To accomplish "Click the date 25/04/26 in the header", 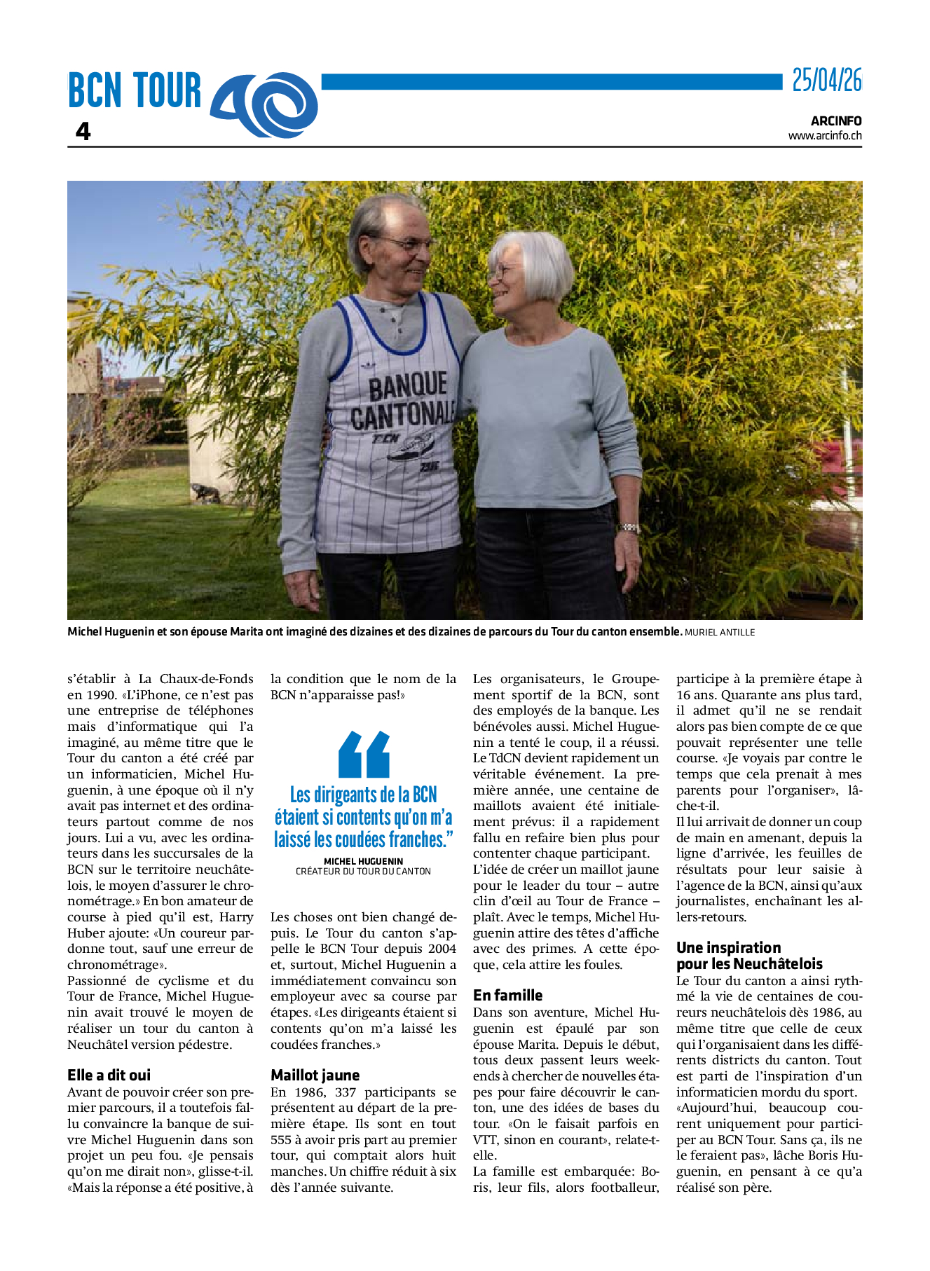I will pyautogui.click(x=826, y=81).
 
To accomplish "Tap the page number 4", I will pyautogui.click(x=83, y=131).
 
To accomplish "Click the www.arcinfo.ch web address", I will pyautogui.click(x=824, y=136).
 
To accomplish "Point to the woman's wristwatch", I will pyautogui.click(x=629, y=528).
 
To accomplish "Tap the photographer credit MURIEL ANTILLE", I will pyautogui.click(x=720, y=633).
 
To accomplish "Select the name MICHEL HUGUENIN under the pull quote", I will pyautogui.click(x=363, y=861).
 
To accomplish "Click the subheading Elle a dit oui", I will pyautogui.click(x=109, y=1075).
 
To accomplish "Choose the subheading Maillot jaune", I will pyautogui.click(x=315, y=1075).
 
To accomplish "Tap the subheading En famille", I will pyautogui.click(x=507, y=995).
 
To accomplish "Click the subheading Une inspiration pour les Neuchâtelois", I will pyautogui.click(x=748, y=956).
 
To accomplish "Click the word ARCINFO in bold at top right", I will pyautogui.click(x=836, y=121).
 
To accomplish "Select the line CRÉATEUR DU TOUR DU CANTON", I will pyautogui.click(x=363, y=872).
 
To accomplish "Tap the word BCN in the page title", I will pyautogui.click(x=95, y=91).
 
